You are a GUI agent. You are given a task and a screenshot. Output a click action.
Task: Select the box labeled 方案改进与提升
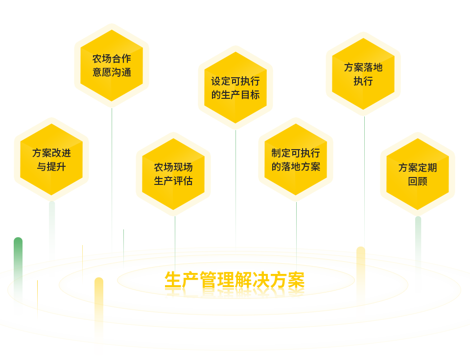51,159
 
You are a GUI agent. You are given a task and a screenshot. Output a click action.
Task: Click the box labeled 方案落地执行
363,73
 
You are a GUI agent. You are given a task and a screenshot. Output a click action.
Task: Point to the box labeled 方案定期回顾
418,174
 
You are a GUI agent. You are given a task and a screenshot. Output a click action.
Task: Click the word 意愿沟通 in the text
112,72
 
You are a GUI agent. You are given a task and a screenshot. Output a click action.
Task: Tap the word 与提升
51,167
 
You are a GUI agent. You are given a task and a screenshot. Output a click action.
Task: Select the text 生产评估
173,181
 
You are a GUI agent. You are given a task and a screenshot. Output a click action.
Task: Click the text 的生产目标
235,95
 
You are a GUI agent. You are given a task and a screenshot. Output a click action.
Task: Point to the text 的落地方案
296,167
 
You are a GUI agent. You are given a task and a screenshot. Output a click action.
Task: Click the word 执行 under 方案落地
363,81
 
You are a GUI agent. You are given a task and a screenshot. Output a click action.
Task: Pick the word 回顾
418,181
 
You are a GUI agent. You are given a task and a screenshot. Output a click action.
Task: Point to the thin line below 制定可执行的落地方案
296,225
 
